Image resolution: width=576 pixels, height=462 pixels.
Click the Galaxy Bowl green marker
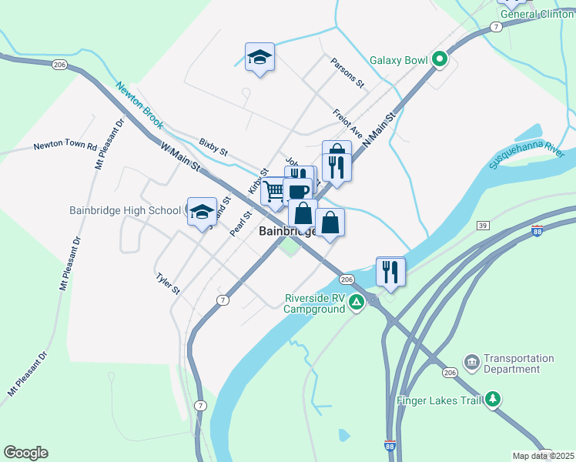(440, 59)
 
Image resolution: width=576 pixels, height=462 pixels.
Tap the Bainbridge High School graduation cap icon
(202, 210)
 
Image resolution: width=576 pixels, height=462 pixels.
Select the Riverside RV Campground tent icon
(356, 302)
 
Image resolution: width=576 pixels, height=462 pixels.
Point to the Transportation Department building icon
(471, 361)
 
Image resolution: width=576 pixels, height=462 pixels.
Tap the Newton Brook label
(140, 105)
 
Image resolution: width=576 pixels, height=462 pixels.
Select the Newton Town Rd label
(65, 146)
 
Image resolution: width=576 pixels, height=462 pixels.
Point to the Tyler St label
(167, 284)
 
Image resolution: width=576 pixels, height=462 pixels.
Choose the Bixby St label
(213, 147)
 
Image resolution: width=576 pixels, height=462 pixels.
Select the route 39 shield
(483, 225)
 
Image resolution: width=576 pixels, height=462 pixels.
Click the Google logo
(25, 453)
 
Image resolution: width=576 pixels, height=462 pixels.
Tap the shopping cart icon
(274, 189)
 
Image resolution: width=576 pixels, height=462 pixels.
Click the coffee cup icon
(297, 190)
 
